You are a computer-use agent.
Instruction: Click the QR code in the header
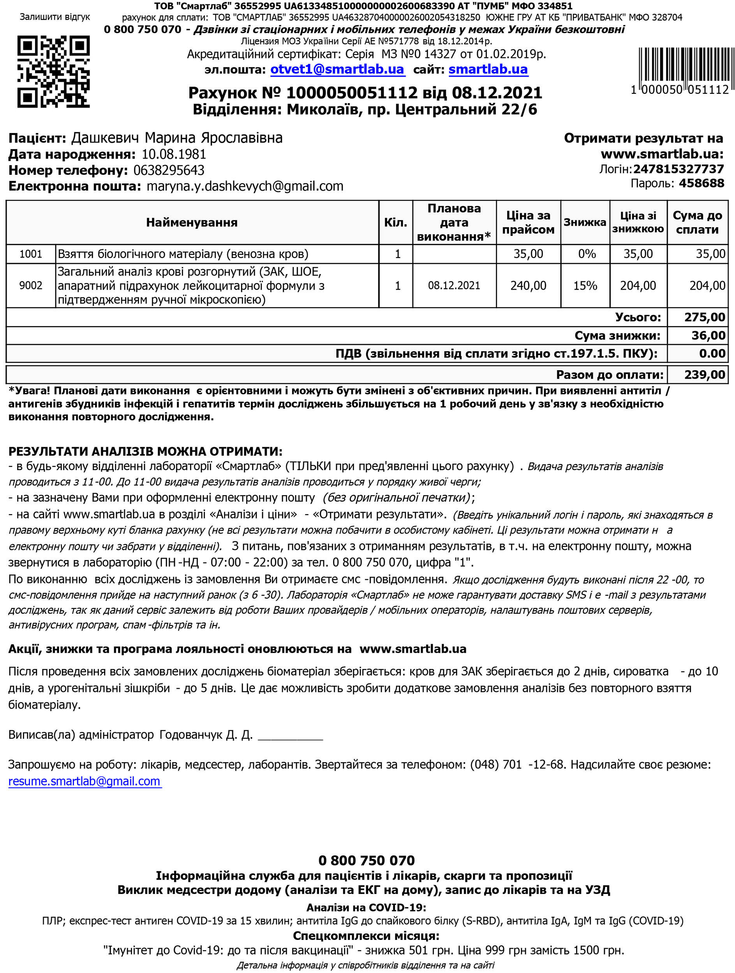click(x=53, y=72)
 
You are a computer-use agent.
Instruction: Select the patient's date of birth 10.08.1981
click(x=174, y=155)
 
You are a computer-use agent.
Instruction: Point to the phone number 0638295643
click(x=169, y=170)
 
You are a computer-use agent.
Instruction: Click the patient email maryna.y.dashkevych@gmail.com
click(x=245, y=186)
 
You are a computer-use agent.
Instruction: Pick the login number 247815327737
click(x=678, y=169)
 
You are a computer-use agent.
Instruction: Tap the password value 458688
click(x=701, y=183)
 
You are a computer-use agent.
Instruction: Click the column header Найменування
click(x=192, y=223)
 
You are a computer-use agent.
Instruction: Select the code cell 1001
click(x=31, y=254)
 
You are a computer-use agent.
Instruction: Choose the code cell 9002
click(x=31, y=285)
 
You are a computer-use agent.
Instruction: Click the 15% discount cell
click(x=585, y=285)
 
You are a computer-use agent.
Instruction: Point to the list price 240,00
click(x=528, y=285)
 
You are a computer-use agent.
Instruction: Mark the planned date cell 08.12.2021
click(x=454, y=285)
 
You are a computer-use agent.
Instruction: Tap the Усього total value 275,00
click(x=704, y=317)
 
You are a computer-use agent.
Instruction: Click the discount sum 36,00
click(x=708, y=335)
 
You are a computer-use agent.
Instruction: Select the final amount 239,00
click(x=704, y=375)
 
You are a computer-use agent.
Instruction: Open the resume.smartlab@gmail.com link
click(x=85, y=781)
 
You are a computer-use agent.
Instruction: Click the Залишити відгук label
click(x=55, y=17)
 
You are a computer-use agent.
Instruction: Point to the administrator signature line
click(x=290, y=736)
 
